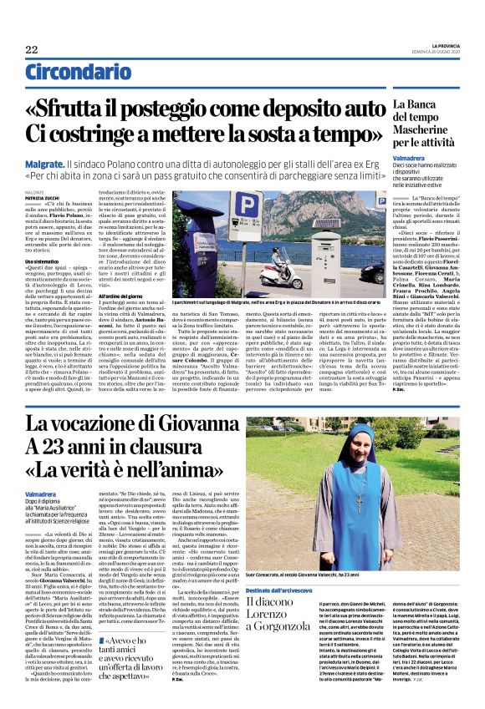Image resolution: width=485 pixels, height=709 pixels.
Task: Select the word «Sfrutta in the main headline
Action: tap(99, 110)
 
